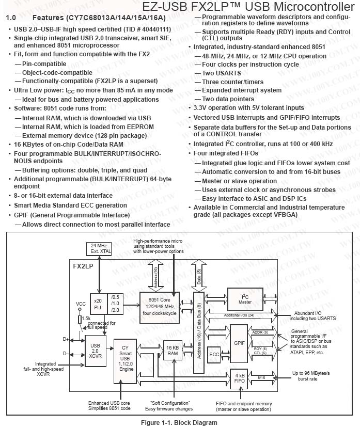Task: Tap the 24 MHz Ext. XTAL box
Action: pos(98,248)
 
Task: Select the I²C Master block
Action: pos(245,298)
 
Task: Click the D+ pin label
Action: pos(66,339)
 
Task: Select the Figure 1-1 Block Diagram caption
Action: pos(180,422)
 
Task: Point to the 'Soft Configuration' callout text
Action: pos(170,403)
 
